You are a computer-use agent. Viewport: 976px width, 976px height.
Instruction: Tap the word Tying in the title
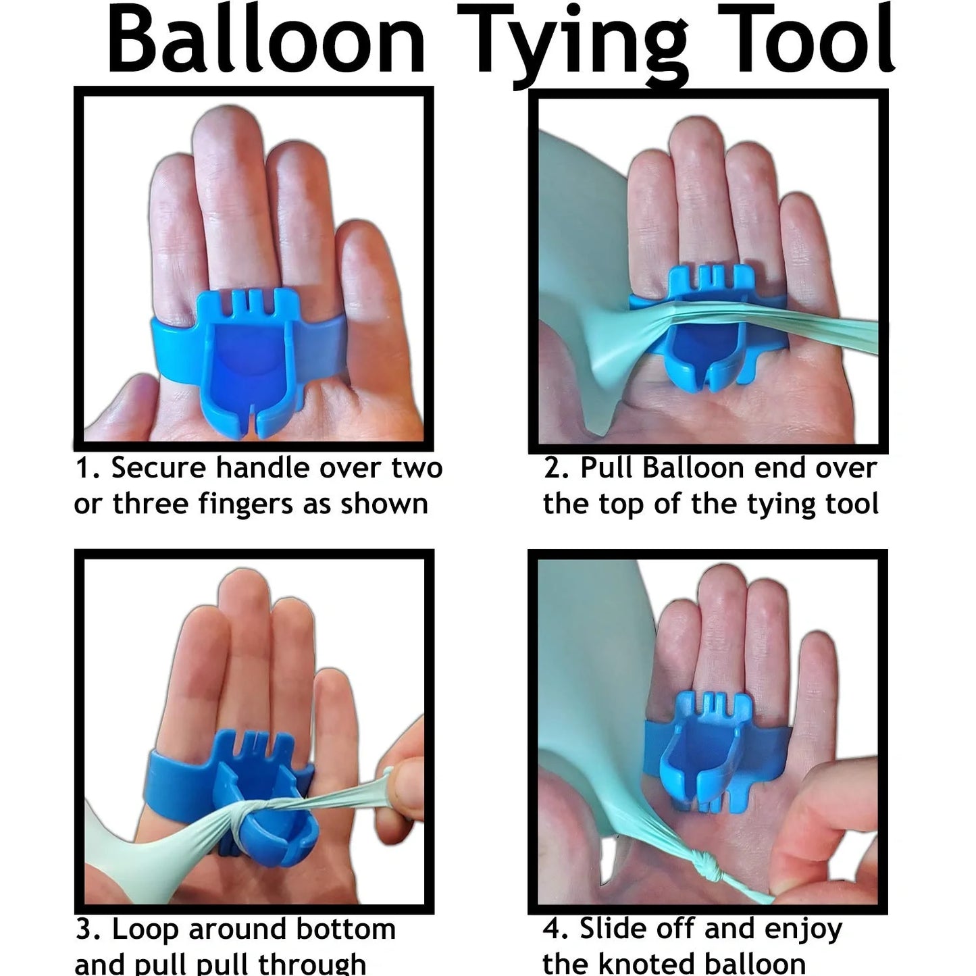click(x=577, y=44)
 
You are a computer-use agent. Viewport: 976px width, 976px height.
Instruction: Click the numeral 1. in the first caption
click(x=87, y=468)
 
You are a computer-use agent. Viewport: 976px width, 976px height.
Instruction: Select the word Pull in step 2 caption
click(x=607, y=468)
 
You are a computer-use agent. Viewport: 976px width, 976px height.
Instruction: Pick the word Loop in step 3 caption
click(x=146, y=930)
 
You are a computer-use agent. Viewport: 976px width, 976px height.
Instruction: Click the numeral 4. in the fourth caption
click(x=556, y=930)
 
